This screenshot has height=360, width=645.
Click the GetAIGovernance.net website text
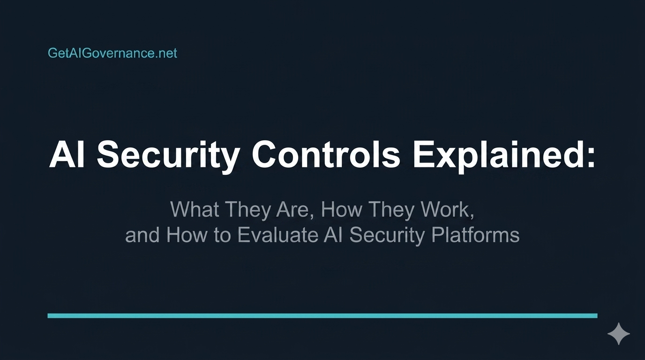pyautogui.click(x=112, y=53)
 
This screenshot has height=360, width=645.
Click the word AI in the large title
pyautogui.click(x=67, y=154)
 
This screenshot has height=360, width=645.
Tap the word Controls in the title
pyautogui.click(x=326, y=154)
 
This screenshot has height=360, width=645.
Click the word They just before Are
pyautogui.click(x=249, y=210)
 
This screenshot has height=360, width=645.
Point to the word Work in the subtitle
pyautogui.click(x=447, y=210)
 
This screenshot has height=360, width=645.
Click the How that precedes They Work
pyautogui.click(x=343, y=210)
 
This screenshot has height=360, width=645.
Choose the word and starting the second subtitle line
pyautogui.click(x=143, y=235)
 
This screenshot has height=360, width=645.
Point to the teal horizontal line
pyautogui.click(x=322, y=316)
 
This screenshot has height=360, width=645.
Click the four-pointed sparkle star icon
pyautogui.click(x=618, y=334)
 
